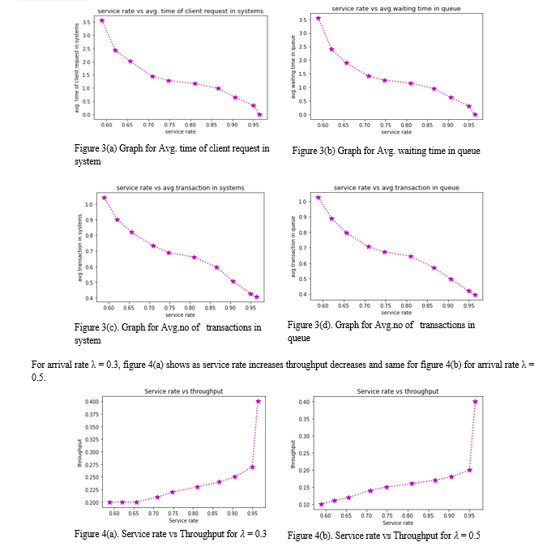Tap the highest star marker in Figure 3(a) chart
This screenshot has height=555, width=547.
click(x=101, y=20)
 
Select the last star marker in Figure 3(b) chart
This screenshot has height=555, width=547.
click(x=475, y=114)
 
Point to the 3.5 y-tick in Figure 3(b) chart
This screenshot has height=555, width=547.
click(x=301, y=19)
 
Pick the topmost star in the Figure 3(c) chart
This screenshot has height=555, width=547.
click(x=104, y=198)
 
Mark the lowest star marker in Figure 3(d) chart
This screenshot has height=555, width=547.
click(x=475, y=295)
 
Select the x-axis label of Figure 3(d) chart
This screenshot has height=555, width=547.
click(x=396, y=313)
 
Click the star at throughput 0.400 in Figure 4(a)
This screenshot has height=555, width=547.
click(x=259, y=401)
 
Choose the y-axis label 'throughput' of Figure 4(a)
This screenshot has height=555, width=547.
click(x=79, y=451)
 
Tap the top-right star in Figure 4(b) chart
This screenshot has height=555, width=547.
click(x=475, y=401)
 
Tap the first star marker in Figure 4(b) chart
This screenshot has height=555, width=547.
click(x=321, y=504)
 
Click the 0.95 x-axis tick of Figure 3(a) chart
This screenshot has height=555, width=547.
click(x=253, y=126)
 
